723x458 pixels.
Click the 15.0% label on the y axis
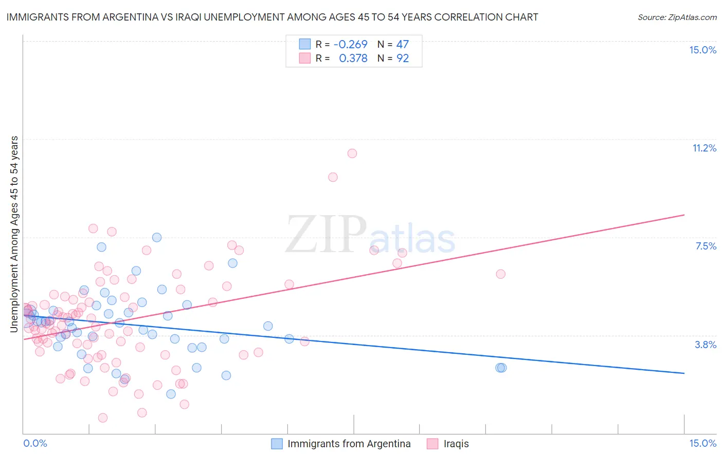coord(702,50)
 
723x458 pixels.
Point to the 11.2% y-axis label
coord(704,148)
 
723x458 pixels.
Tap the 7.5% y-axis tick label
coord(706,246)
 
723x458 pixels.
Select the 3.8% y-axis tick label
coord(706,345)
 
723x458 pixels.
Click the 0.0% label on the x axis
coord(35,443)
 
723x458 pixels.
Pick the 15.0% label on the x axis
coord(702,443)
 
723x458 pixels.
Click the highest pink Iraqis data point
coord(352,153)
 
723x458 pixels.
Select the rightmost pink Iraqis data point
coord(500,274)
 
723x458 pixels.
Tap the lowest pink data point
coord(103,417)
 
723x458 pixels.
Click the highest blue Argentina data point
coord(157,237)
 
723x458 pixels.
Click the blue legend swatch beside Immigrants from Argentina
coord(277,444)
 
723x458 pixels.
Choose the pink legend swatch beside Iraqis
coord(433,444)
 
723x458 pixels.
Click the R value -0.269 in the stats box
coord(350,45)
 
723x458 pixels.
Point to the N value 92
coord(403,59)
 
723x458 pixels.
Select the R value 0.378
coord(353,59)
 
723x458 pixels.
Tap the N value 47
coord(403,45)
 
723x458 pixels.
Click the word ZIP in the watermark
coord(326,235)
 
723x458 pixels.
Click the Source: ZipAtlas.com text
coord(677,17)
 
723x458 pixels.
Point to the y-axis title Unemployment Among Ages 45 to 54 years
coord(14,234)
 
